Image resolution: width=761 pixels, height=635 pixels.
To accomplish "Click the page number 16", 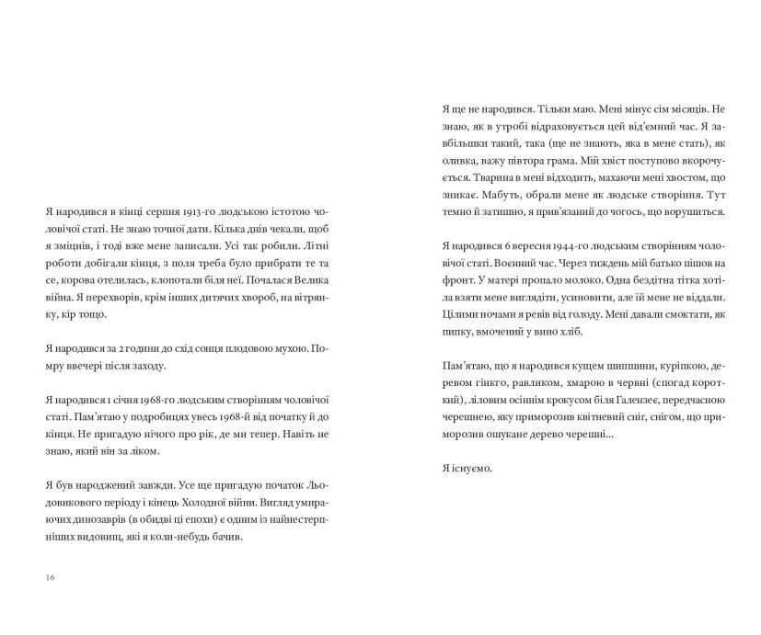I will (49, 576).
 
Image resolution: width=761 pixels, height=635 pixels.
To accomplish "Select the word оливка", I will (460, 160).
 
